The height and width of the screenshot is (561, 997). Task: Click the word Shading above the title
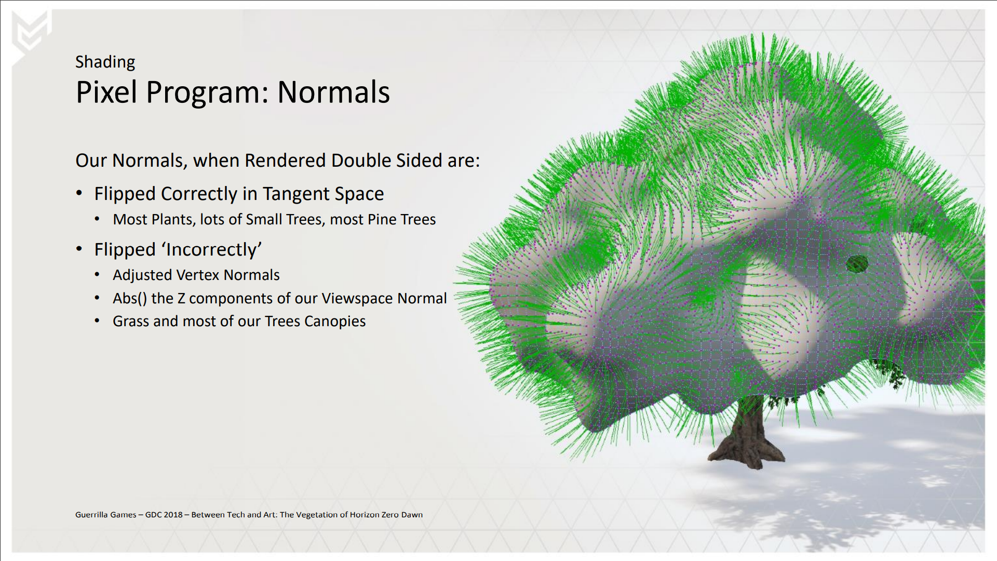point(105,62)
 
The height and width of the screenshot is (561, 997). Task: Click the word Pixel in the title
point(107,92)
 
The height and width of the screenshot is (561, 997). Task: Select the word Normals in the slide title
point(333,92)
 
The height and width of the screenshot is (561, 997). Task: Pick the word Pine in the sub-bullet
point(381,219)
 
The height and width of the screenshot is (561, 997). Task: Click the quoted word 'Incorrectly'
point(211,250)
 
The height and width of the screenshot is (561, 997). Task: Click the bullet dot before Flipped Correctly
point(79,193)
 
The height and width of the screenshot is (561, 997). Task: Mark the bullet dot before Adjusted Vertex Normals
point(97,275)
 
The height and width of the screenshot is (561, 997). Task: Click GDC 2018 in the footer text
point(164,515)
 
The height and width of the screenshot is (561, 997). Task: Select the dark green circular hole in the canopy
point(857,264)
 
